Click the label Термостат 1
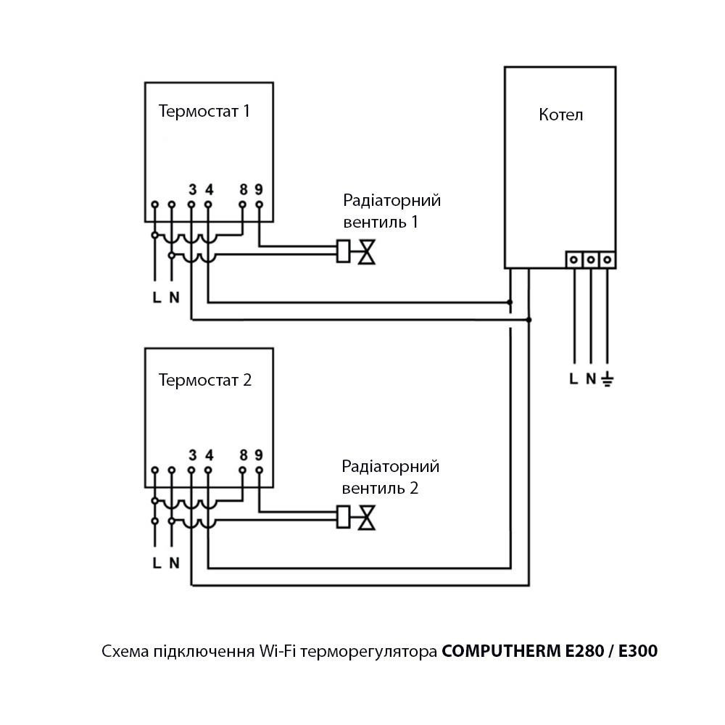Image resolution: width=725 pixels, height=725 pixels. [x=205, y=112]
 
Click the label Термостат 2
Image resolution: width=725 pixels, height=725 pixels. [x=205, y=380]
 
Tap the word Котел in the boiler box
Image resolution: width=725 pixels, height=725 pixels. [x=560, y=115]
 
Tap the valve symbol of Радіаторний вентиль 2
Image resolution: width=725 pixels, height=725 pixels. [x=368, y=517]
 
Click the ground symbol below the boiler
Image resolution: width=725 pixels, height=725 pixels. [x=608, y=378]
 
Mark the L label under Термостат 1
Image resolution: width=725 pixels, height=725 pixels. [x=156, y=297]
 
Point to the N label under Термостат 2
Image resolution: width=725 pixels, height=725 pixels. [x=174, y=562]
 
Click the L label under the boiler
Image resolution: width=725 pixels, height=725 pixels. [x=573, y=378]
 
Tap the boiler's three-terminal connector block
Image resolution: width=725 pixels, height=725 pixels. [x=590, y=259]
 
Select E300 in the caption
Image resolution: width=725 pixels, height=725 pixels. [x=639, y=652]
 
